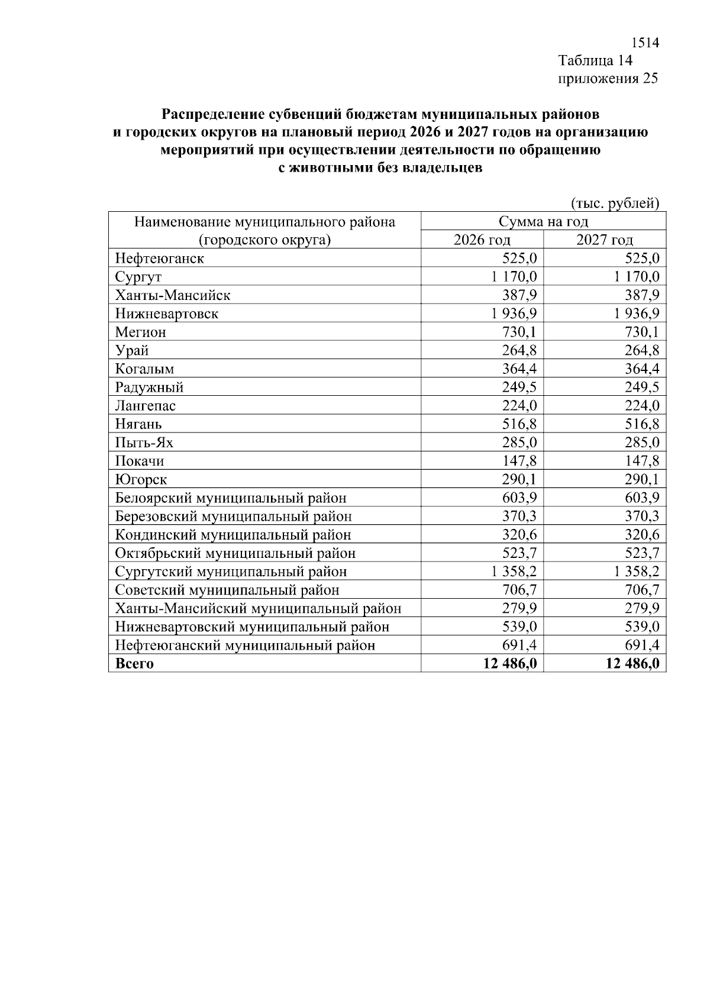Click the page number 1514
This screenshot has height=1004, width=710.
644,43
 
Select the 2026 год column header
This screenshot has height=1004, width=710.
482,240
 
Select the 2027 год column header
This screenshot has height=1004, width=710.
604,240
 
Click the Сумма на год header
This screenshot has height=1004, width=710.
543,222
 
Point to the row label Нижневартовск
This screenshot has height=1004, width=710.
166,314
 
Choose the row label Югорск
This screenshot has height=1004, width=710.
141,479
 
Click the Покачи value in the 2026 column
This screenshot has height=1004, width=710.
519,461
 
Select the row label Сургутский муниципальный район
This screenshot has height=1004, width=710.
231,572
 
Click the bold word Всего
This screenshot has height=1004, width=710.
134,663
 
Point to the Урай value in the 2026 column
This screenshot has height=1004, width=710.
519,350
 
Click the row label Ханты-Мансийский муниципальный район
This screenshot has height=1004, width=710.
258,608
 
